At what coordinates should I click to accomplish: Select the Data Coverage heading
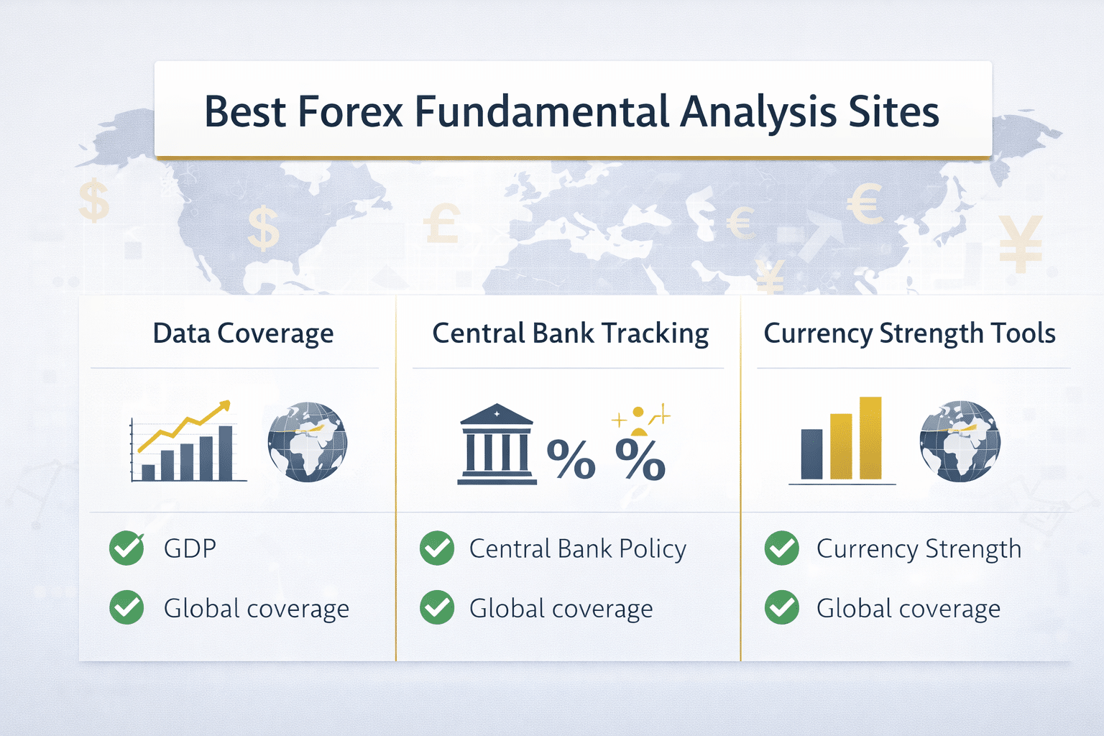(x=243, y=333)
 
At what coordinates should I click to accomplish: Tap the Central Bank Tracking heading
(x=570, y=333)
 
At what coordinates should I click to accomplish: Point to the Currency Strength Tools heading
(x=909, y=333)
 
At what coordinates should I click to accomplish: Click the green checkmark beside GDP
(x=126, y=548)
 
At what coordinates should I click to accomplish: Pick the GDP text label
(x=190, y=548)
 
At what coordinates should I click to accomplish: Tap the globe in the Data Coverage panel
(x=308, y=441)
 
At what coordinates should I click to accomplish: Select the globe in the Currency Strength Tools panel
(x=960, y=441)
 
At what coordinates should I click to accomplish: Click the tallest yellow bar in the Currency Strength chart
(x=870, y=438)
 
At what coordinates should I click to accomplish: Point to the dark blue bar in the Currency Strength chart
(x=811, y=454)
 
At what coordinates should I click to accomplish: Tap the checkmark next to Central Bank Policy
(x=437, y=548)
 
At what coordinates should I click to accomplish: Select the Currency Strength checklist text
(x=919, y=548)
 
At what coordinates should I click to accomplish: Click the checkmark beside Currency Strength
(x=782, y=548)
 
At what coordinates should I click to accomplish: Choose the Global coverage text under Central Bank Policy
(x=561, y=609)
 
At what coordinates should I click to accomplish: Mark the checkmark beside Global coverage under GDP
(x=126, y=608)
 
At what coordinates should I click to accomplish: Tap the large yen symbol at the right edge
(x=1020, y=244)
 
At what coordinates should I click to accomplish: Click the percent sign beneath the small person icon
(x=640, y=459)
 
